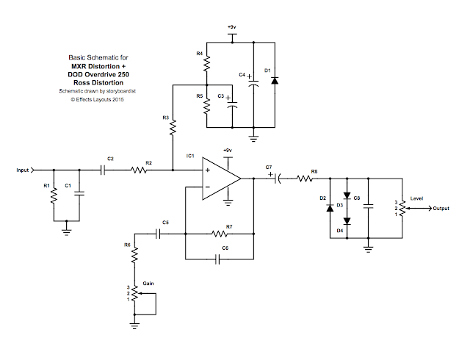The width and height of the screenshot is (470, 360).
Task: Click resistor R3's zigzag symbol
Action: [172, 129]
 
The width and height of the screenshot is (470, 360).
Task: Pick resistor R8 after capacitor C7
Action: [304, 179]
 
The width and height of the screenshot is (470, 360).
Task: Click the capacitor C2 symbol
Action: [104, 170]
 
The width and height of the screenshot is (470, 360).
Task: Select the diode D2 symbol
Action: [330, 208]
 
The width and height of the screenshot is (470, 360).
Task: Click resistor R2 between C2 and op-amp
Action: [140, 170]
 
